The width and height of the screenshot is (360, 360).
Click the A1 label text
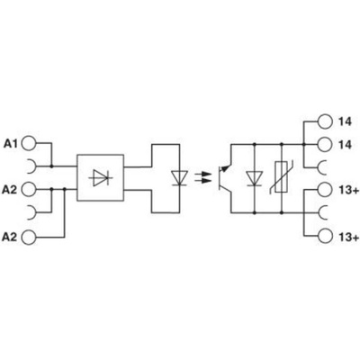11,144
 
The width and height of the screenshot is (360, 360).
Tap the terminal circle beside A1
29,143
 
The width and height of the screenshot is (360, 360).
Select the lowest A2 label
10,237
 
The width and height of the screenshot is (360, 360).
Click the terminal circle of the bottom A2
29,237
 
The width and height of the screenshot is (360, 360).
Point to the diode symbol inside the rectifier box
101,177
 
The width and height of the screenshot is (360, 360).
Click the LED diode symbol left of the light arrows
179,178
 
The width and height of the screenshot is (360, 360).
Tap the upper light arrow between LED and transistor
202,174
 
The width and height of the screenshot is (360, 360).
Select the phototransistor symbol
224,177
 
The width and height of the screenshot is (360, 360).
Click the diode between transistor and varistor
255,178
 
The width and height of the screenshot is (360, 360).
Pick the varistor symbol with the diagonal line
281,178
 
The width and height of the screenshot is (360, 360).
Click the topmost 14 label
345,121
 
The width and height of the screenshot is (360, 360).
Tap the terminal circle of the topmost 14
326,121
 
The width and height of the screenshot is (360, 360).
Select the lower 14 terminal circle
326,145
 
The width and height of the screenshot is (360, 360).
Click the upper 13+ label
348,190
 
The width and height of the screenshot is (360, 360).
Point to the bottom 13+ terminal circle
326,237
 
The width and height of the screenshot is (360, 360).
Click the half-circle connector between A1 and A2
32,166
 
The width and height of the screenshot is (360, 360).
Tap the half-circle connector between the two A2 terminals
32,212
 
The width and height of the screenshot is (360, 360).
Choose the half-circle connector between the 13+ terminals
322,212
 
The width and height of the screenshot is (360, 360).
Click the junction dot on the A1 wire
51,166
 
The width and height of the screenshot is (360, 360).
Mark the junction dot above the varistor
282,144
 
